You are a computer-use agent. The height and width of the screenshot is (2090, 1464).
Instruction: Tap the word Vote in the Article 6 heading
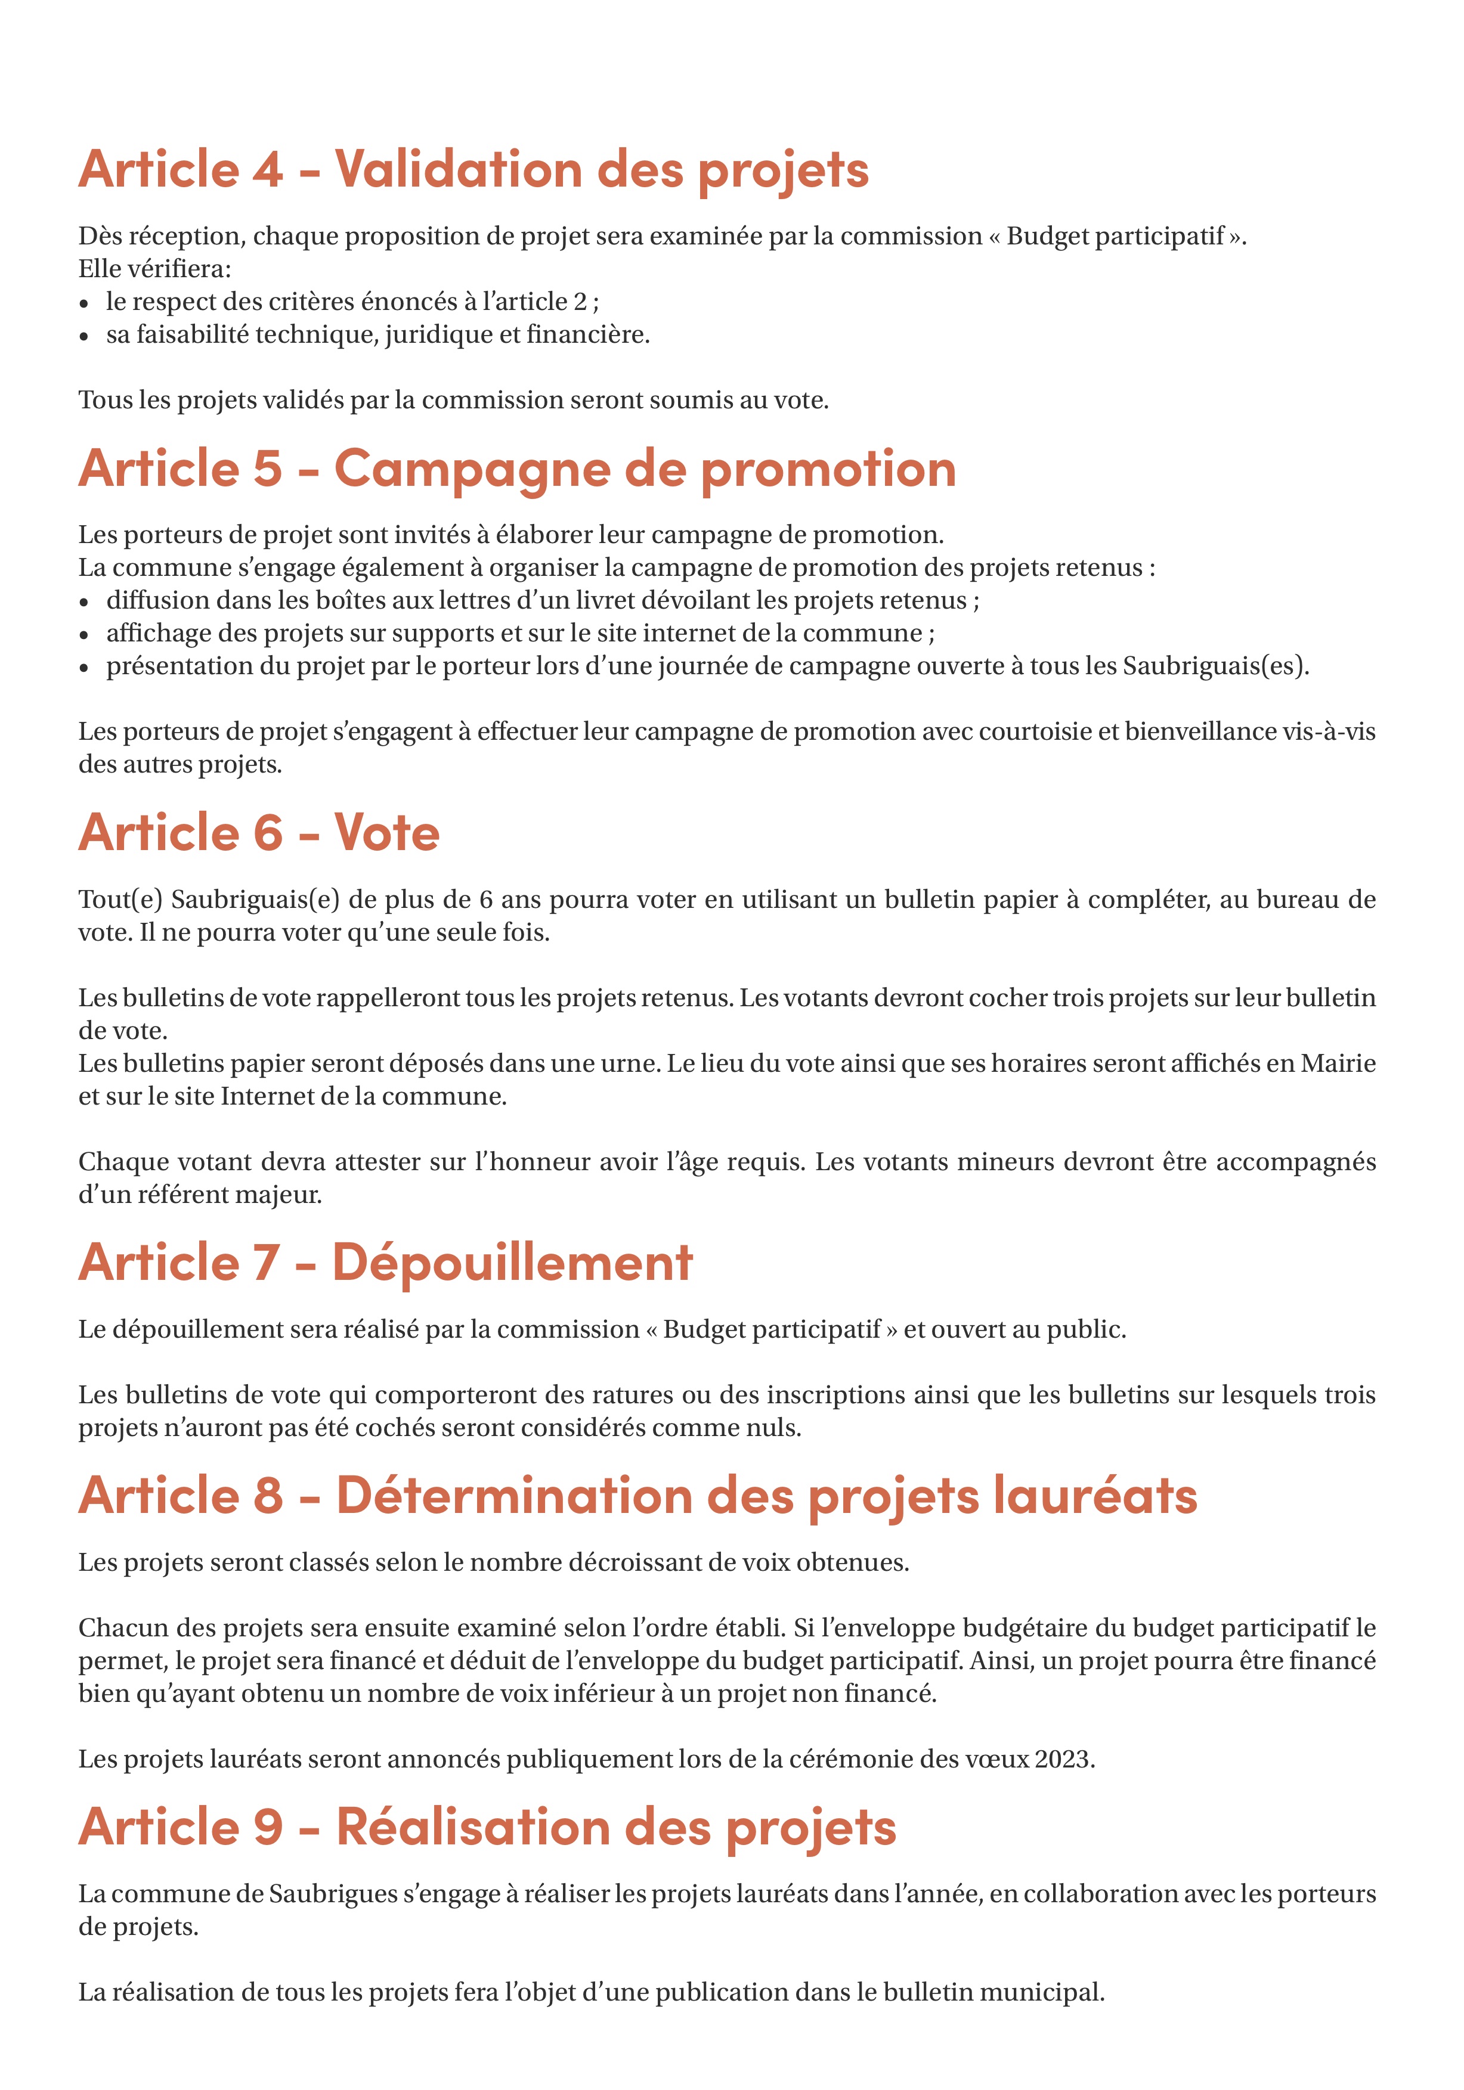coord(387,833)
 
